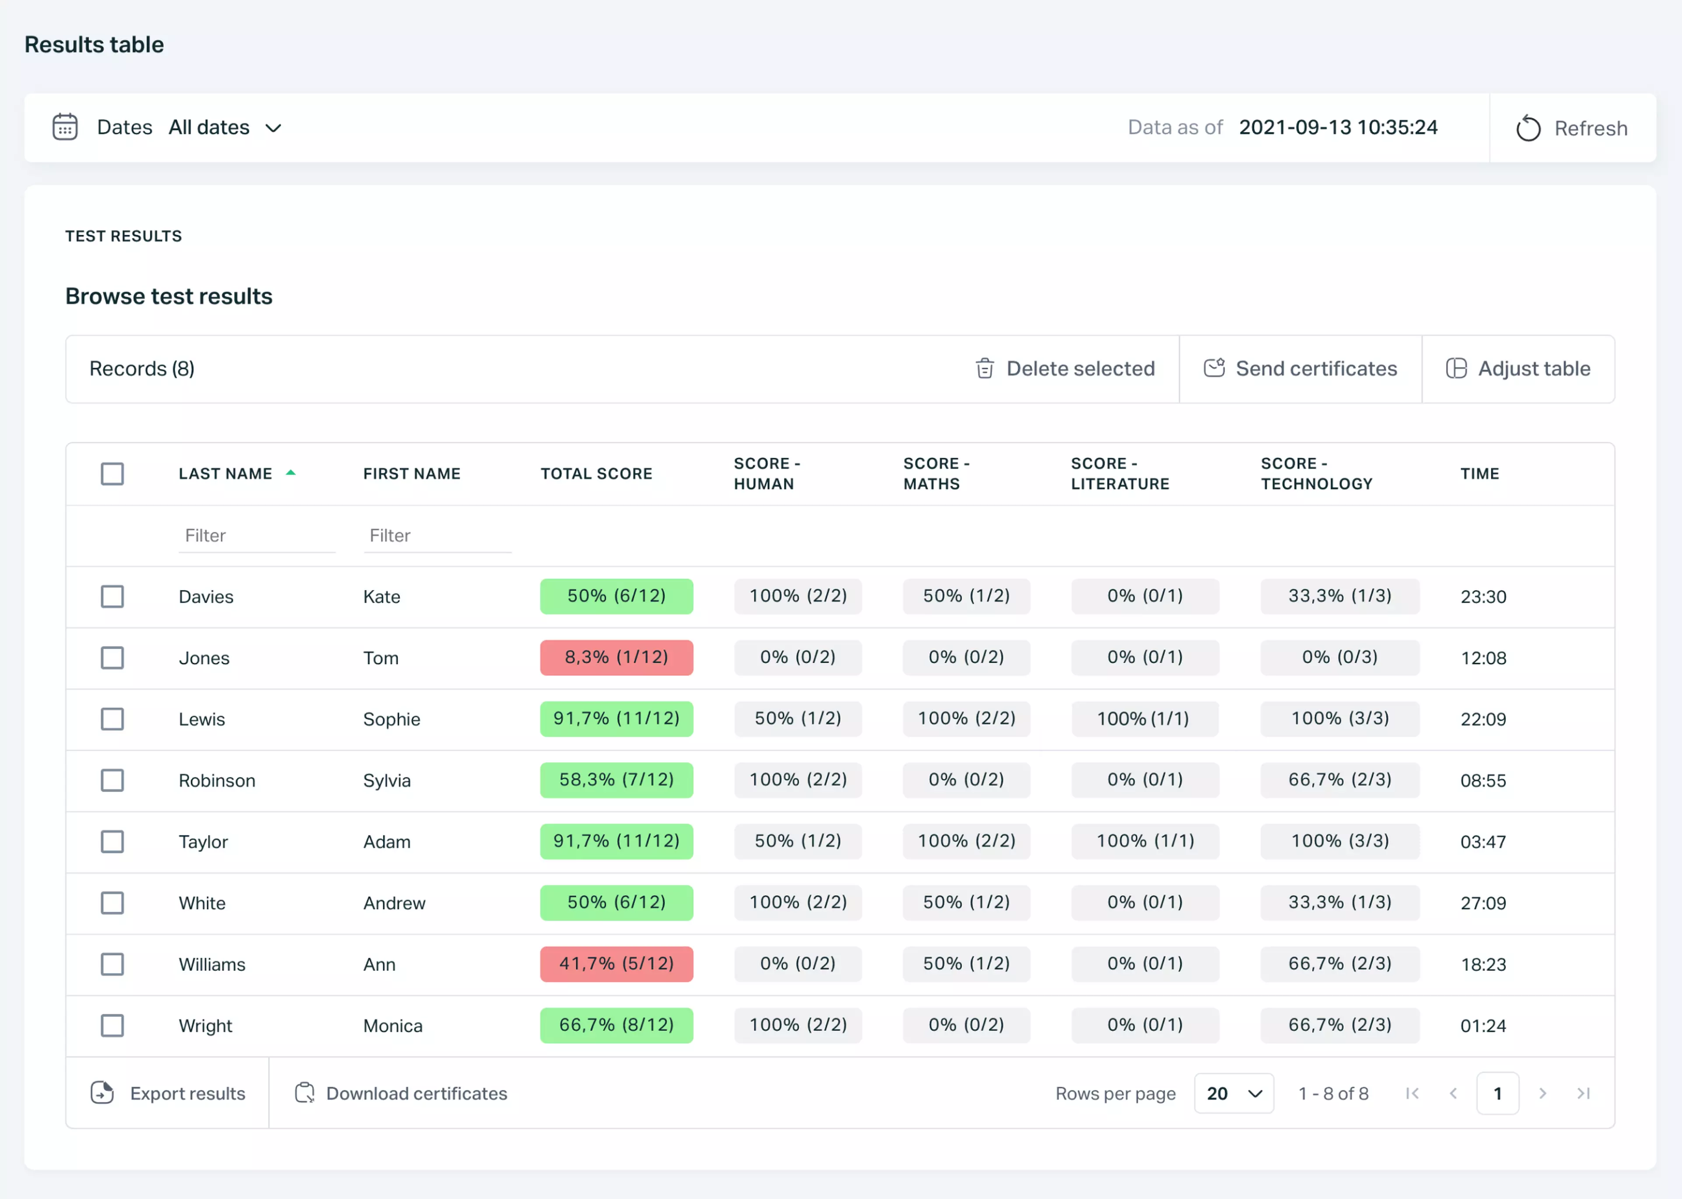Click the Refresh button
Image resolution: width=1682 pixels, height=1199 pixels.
(x=1572, y=128)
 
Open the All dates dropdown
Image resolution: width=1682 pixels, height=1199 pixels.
(x=224, y=128)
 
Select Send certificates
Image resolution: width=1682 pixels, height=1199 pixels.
(x=1300, y=368)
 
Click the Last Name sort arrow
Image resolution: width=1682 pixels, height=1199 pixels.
(x=291, y=473)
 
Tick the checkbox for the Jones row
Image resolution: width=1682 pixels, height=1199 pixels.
(x=112, y=658)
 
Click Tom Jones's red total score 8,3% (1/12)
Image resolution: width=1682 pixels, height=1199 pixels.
(x=616, y=657)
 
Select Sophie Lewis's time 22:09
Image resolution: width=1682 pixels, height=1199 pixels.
(x=1483, y=719)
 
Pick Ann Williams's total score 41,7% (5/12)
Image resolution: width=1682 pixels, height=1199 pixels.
(x=616, y=963)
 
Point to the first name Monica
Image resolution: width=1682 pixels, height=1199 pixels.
(x=392, y=1026)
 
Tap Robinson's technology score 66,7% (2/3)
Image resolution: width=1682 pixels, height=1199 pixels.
(x=1339, y=780)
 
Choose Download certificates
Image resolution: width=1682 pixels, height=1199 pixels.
(x=402, y=1093)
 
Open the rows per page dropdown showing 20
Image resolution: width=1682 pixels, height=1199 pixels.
(x=1233, y=1093)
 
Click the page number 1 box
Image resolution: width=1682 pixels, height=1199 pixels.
(x=1497, y=1093)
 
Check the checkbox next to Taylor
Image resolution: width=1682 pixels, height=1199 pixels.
(x=112, y=842)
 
